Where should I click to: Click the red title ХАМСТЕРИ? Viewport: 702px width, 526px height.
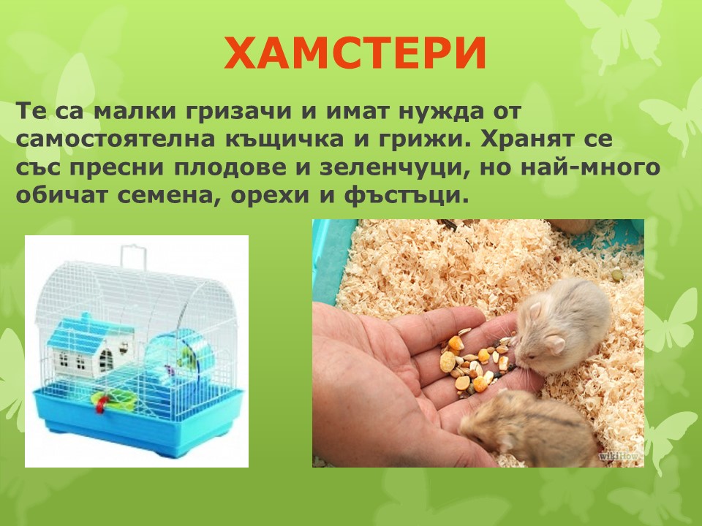coord(355,53)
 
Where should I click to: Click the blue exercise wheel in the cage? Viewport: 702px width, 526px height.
coord(182,354)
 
